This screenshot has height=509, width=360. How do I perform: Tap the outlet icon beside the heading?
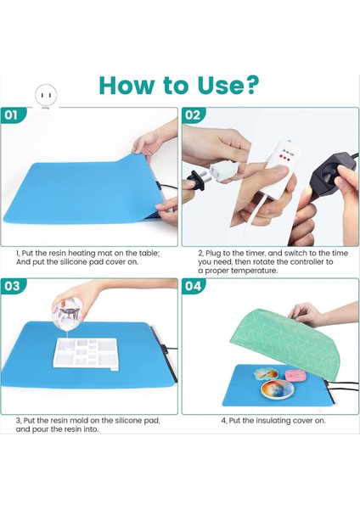pyautogui.click(x=46, y=95)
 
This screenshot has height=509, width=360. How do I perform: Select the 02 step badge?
pyautogui.click(x=193, y=115)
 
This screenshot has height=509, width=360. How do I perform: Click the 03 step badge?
pyautogui.click(x=12, y=286)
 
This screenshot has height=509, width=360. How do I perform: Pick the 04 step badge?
pyautogui.click(x=193, y=286)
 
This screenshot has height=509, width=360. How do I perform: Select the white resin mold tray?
pyautogui.click(x=86, y=353)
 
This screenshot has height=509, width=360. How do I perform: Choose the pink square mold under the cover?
pyautogui.click(x=295, y=375)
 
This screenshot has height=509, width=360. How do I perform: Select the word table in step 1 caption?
pyautogui.click(x=149, y=253)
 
